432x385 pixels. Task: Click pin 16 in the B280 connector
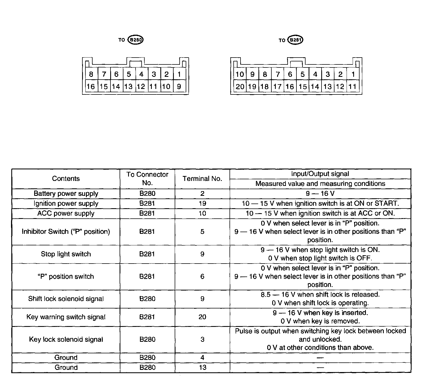coord(91,86)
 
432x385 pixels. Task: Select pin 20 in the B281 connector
coord(240,86)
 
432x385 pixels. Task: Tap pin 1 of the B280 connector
coord(179,74)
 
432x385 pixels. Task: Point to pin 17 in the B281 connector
coord(277,86)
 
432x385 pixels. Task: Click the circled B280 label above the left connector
coord(136,40)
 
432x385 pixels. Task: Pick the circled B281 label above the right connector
coord(295,40)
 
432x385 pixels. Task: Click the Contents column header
coord(66,178)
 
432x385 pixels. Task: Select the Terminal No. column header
coord(202,178)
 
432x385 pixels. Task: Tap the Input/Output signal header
coord(320,174)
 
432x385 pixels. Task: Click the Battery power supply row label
coord(66,193)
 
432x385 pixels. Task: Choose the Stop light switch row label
coord(66,254)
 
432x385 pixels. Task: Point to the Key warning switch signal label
coord(66,317)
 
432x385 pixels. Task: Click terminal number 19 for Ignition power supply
coord(202,204)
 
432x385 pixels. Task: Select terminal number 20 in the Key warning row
coord(202,317)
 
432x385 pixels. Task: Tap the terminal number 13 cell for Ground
coord(202,367)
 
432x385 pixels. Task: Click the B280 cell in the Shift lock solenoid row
coord(147,299)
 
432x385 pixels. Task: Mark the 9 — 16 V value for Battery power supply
coord(320,193)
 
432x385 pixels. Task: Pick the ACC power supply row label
coord(66,213)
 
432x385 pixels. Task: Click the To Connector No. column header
coord(147,178)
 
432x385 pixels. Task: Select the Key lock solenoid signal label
coord(66,339)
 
